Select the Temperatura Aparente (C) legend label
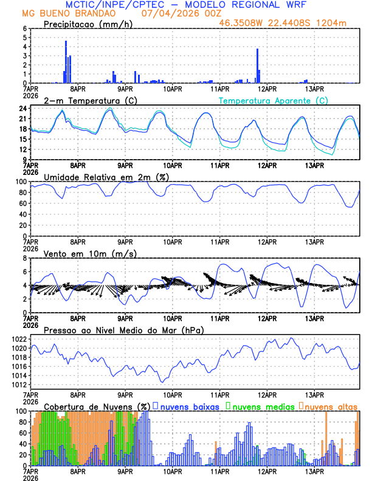(273, 100)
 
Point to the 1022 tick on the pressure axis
(18, 339)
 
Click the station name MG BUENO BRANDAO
(64, 13)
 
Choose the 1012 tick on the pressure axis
(18, 384)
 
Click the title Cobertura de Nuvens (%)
(97, 406)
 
